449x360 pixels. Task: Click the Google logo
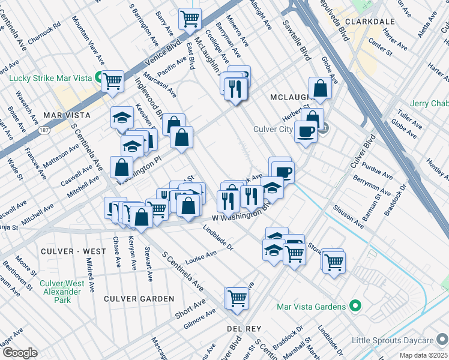(x=19, y=353)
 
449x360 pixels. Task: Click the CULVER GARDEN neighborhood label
(x=139, y=299)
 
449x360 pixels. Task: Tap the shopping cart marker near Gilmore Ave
(x=237, y=297)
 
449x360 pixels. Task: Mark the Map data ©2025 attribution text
(x=423, y=355)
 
